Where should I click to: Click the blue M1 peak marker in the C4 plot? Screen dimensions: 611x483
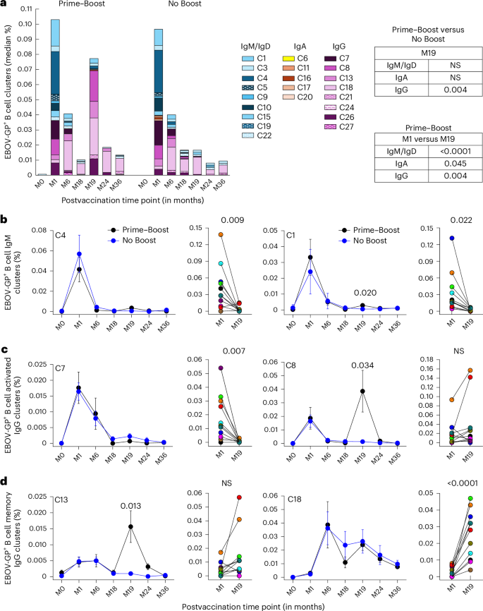click(80, 254)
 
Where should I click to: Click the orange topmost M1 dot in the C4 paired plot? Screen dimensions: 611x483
click(201, 234)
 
